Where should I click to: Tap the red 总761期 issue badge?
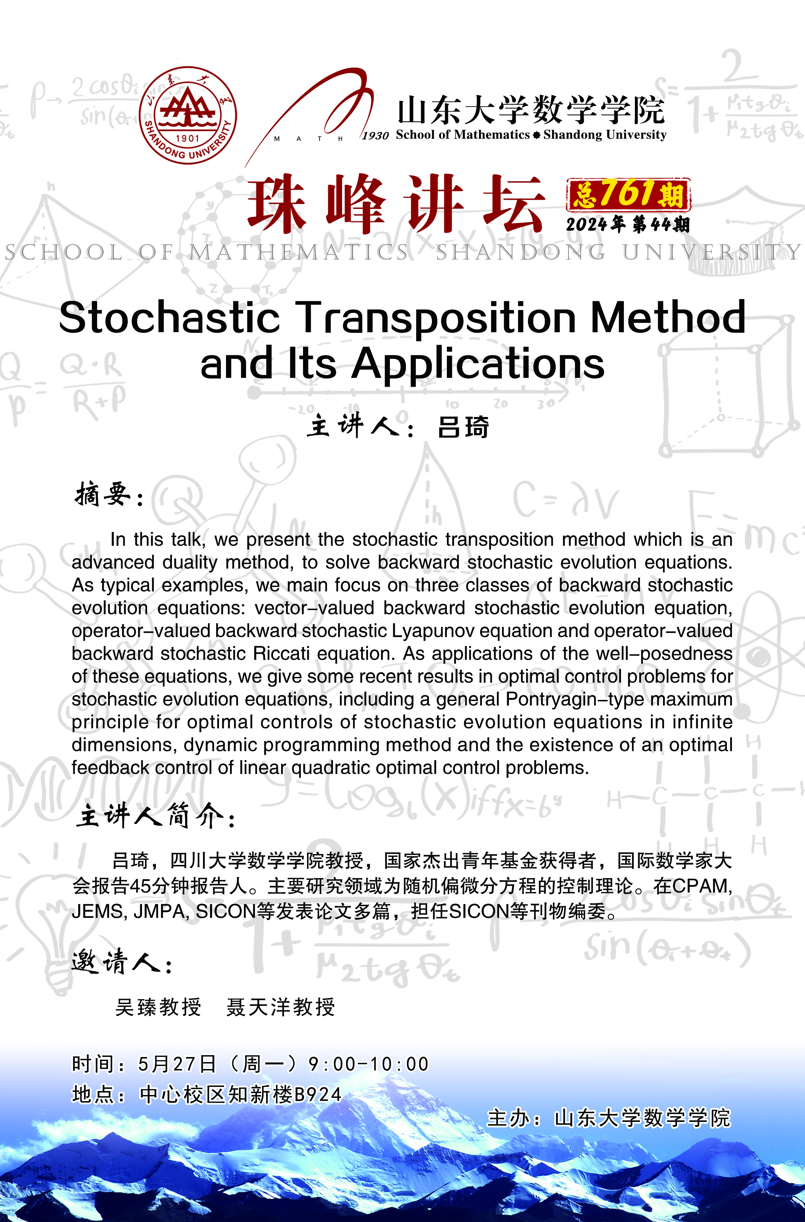(x=628, y=195)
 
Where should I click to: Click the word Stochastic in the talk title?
(x=169, y=318)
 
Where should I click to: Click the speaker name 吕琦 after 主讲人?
(x=463, y=427)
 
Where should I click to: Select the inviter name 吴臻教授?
(x=158, y=1007)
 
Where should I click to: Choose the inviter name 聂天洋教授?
(x=280, y=1007)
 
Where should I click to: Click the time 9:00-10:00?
(x=368, y=1064)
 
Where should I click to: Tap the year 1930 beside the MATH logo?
(x=375, y=135)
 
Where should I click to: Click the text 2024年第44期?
(x=627, y=225)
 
